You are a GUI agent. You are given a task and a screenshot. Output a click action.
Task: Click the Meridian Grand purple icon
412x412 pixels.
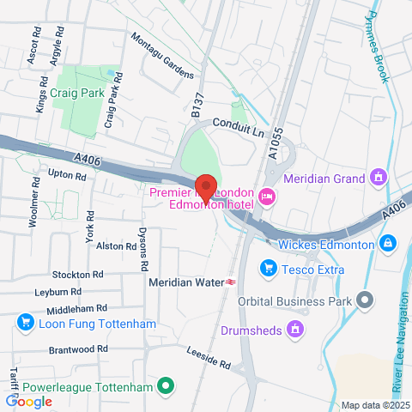click(378, 178)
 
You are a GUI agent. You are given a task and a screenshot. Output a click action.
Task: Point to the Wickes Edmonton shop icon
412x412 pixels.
click(388, 244)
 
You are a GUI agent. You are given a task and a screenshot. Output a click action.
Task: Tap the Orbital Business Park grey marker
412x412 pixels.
click(367, 300)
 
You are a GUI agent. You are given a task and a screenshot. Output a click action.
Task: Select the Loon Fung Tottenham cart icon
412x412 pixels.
click(23, 324)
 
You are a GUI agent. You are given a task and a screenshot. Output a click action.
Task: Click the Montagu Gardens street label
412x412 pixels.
click(163, 57)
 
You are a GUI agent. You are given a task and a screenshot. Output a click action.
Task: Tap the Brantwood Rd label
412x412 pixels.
click(78, 349)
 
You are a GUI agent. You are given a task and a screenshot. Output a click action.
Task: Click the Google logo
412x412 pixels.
click(28, 401)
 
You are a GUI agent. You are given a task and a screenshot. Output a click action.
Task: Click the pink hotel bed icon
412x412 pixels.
click(267, 197)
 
